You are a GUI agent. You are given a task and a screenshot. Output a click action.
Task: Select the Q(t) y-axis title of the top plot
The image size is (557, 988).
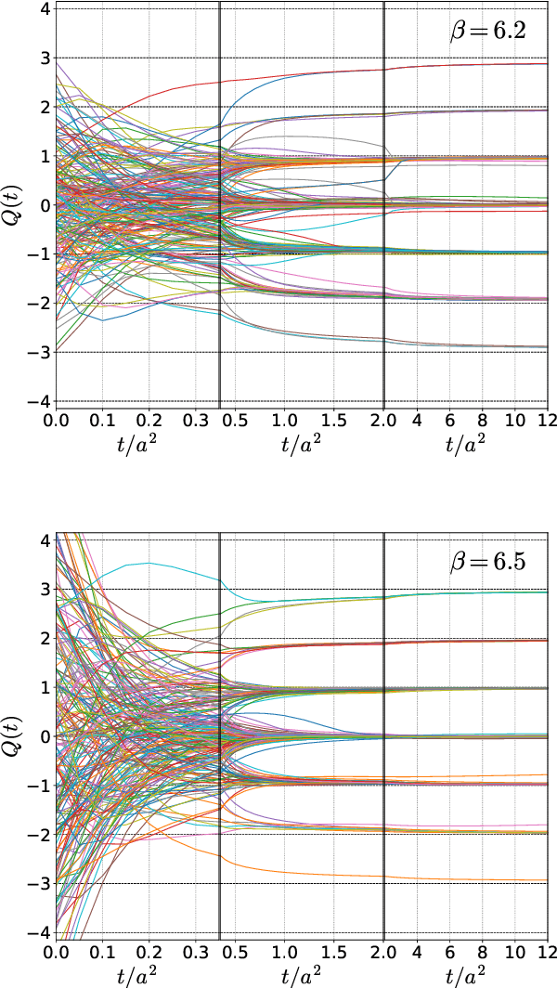pyautogui.click(x=13, y=205)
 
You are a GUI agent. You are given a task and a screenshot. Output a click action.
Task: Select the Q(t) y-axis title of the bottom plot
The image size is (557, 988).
pyautogui.click(x=13, y=736)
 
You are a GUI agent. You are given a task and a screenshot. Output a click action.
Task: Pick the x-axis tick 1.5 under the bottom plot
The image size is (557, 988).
pyautogui.click(x=333, y=952)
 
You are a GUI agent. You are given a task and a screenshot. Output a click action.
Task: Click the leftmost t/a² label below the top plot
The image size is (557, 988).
pyautogui.click(x=138, y=445)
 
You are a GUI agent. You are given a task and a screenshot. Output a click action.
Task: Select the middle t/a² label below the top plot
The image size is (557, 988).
pyautogui.click(x=302, y=445)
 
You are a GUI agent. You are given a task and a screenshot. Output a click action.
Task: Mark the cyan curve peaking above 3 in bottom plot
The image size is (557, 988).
pyautogui.click(x=149, y=563)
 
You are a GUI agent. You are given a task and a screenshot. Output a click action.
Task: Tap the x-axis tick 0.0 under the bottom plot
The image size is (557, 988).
pyautogui.click(x=58, y=952)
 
